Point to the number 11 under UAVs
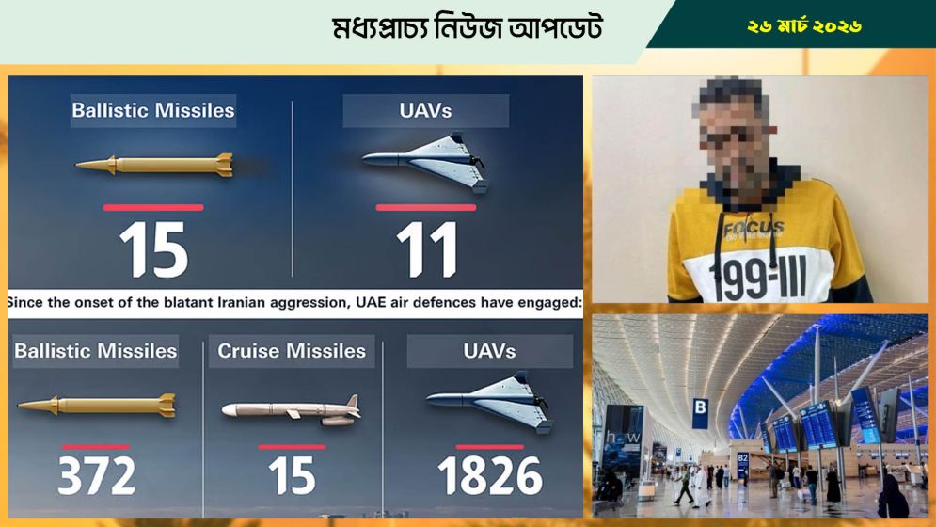coord(425,249)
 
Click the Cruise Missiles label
coord(292,351)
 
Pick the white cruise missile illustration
coord(291,408)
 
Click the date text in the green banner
coord(804,26)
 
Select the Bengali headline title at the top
coord(467,29)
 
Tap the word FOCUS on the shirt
coord(754,228)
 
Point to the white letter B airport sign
coord(699,407)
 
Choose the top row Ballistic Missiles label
coord(152,110)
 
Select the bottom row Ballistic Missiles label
coord(95,351)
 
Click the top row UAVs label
coord(425,110)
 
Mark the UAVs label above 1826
coord(489,351)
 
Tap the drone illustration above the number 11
coord(425,161)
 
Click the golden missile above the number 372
coord(96,406)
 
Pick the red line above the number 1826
coord(489,447)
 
